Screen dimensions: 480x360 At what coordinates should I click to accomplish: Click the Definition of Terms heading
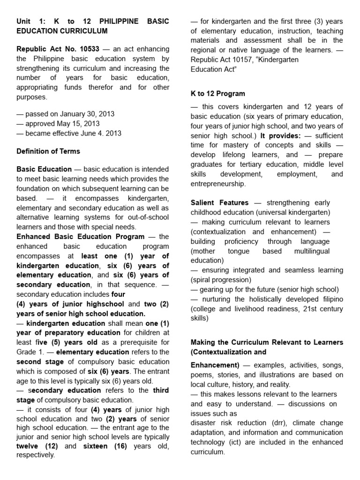[48, 151]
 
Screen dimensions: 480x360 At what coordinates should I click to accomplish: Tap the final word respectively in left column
[36, 455]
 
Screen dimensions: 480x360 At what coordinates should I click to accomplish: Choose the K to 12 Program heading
[217, 94]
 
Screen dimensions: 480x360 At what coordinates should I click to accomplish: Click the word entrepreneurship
[218, 184]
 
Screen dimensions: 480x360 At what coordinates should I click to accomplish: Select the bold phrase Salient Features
[219, 202]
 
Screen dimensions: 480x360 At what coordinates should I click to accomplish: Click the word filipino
[330, 299]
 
